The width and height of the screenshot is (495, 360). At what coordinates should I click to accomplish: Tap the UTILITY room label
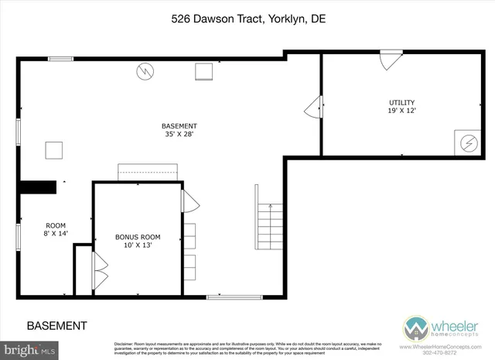tap(401, 103)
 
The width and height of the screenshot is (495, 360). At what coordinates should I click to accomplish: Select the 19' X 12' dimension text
tap(401, 111)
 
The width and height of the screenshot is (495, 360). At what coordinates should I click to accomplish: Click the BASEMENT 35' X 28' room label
tap(179, 130)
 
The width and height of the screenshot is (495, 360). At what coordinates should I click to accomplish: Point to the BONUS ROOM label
tap(138, 237)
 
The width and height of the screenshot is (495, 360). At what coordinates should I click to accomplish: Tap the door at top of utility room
tap(391, 60)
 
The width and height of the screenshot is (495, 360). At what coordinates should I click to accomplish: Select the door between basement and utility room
tap(314, 107)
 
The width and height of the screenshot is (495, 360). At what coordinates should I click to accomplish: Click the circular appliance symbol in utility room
tap(466, 144)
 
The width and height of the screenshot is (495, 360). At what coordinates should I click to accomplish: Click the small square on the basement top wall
tap(204, 71)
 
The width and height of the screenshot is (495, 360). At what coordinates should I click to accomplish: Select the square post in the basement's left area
tap(53, 149)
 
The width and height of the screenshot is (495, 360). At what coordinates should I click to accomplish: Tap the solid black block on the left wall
tap(38, 187)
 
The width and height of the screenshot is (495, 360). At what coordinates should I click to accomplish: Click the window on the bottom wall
tap(229, 296)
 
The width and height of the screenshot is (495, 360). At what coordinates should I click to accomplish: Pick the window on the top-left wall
tap(60, 59)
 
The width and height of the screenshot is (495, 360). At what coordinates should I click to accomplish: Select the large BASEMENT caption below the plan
tap(56, 325)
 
